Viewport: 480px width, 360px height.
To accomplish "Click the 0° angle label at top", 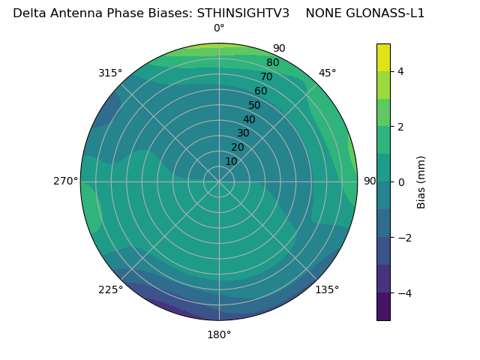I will (x=219, y=28).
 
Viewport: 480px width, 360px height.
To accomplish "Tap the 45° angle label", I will (x=328, y=73).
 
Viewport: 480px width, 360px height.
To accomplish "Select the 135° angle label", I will (x=327, y=289).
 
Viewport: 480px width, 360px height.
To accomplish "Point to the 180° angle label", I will (x=219, y=334).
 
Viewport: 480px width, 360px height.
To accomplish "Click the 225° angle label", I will (x=110, y=289).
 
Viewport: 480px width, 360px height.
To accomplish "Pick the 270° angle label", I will (x=65, y=181).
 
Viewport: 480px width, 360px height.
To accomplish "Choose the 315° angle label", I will (x=110, y=73).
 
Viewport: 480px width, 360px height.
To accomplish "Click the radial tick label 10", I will (x=231, y=161).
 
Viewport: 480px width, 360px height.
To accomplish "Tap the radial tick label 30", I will (x=243, y=133).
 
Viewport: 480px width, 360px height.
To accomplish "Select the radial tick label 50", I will (x=255, y=106).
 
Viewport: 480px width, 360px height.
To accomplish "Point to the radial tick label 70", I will (x=267, y=77).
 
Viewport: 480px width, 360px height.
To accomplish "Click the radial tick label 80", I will (x=273, y=63).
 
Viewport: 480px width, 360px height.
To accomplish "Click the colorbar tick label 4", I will (x=401, y=71).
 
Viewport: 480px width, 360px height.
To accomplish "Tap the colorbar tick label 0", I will (x=401, y=182).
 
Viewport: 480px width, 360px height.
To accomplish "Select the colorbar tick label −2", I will (x=404, y=238).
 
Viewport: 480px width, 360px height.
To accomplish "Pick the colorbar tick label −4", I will (x=404, y=293).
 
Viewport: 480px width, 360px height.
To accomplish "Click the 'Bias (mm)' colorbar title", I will (x=421, y=181).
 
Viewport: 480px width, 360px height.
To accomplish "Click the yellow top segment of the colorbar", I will (x=383, y=57).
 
